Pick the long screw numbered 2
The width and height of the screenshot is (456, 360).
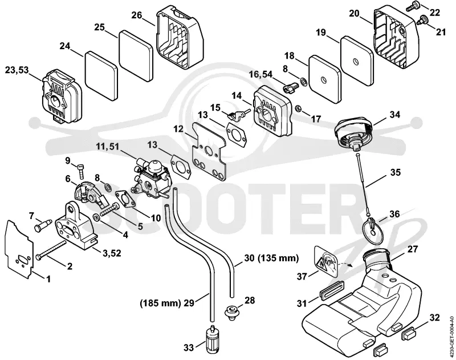coord(51,249)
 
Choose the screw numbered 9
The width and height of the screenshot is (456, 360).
coord(81,172)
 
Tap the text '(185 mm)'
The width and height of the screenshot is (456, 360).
coord(161,303)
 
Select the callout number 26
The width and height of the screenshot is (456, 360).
coord(137,15)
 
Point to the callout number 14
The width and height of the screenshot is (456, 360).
coord(237,95)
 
